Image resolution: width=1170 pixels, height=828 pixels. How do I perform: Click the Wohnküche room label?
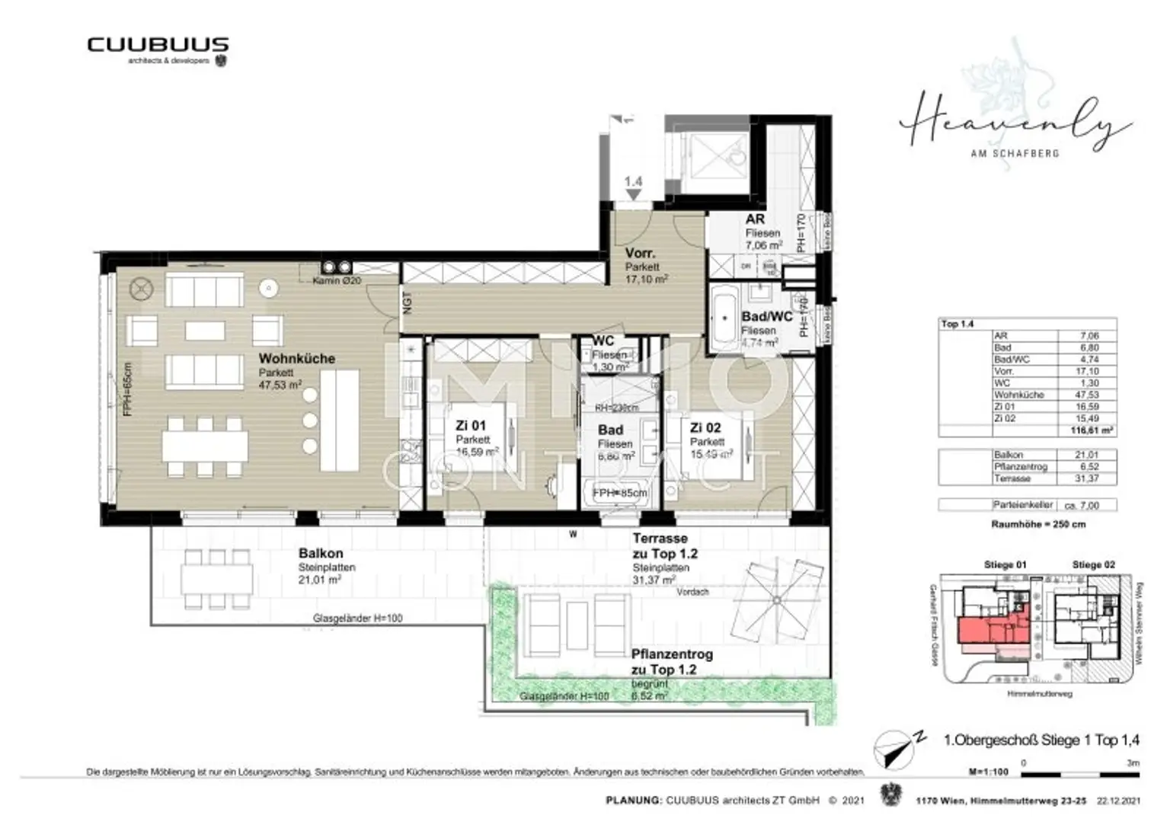(x=296, y=359)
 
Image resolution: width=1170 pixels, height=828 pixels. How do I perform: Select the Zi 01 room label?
(x=470, y=426)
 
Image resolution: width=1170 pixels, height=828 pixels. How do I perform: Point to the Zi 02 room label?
(x=705, y=428)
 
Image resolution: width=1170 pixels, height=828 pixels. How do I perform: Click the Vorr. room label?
(x=640, y=253)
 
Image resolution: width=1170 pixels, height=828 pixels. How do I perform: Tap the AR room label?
(x=754, y=219)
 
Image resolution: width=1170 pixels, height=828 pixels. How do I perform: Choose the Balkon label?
(x=320, y=554)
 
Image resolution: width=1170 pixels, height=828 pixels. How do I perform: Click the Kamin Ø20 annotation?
(x=336, y=281)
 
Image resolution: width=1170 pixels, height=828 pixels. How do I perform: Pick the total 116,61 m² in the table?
(x=1091, y=431)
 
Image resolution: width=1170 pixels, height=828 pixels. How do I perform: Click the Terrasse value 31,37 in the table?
(x=1088, y=479)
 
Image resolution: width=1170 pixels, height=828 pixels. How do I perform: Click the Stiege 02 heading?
(x=1093, y=565)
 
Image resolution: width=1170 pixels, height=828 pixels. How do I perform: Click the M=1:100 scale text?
(x=988, y=772)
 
